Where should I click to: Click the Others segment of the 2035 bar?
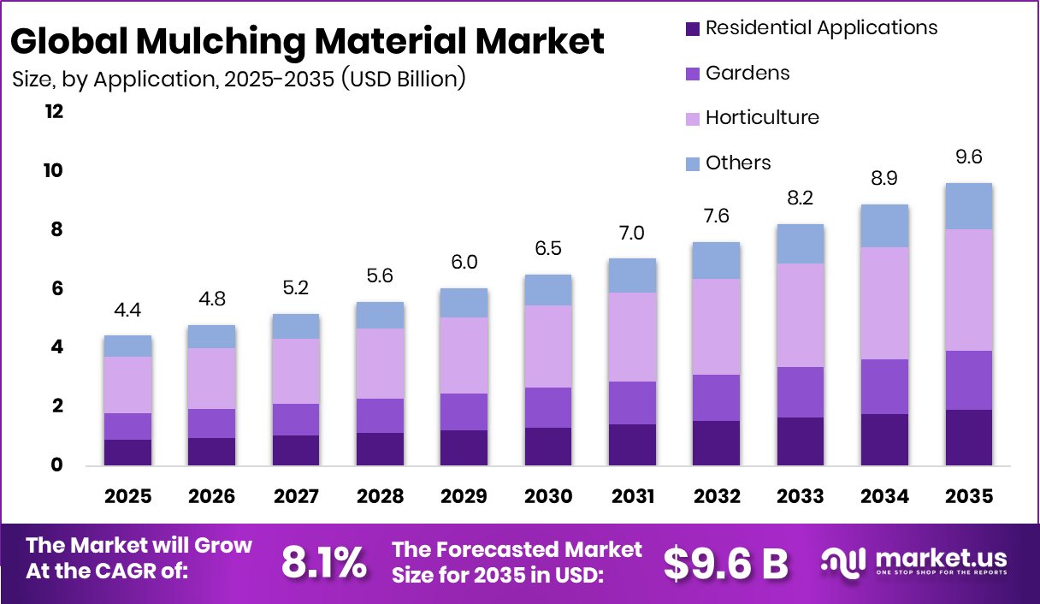tap(968, 206)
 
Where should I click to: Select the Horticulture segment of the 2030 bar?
tap(547, 346)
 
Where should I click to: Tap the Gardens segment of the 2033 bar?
tap(801, 392)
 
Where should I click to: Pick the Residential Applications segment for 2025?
tap(127, 453)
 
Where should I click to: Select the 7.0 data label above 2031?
tap(632, 232)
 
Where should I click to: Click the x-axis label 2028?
tap(380, 497)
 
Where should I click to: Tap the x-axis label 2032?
tap(717, 497)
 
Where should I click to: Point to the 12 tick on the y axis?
tap(55, 112)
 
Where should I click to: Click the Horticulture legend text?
tap(762, 118)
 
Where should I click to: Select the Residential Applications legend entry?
tap(821, 28)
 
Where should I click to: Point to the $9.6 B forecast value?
tap(725, 563)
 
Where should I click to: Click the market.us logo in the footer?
tap(914, 561)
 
